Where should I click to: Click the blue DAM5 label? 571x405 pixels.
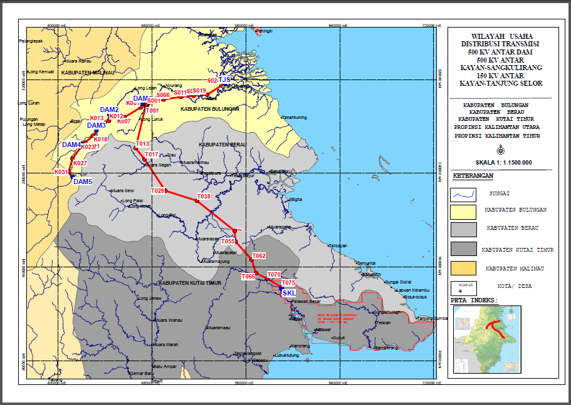pyautogui.click(x=82, y=182)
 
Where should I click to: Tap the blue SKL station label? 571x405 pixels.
pyautogui.click(x=289, y=292)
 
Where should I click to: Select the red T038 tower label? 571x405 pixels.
pyautogui.click(x=204, y=197)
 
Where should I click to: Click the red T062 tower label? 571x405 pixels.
pyautogui.click(x=259, y=256)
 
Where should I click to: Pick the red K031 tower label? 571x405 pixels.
pyautogui.click(x=61, y=172)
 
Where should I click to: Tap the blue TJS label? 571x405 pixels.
pyautogui.click(x=225, y=80)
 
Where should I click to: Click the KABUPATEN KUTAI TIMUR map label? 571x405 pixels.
pyautogui.click(x=191, y=283)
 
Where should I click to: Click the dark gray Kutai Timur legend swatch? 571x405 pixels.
pyautogui.click(x=464, y=249)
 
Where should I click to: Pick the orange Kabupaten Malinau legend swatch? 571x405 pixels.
pyautogui.click(x=464, y=268)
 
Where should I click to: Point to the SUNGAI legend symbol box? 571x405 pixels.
pyautogui.click(x=464, y=194)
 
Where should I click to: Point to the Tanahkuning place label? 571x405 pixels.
pyautogui.click(x=294, y=117)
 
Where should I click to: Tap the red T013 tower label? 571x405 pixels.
pyautogui.click(x=142, y=145)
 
